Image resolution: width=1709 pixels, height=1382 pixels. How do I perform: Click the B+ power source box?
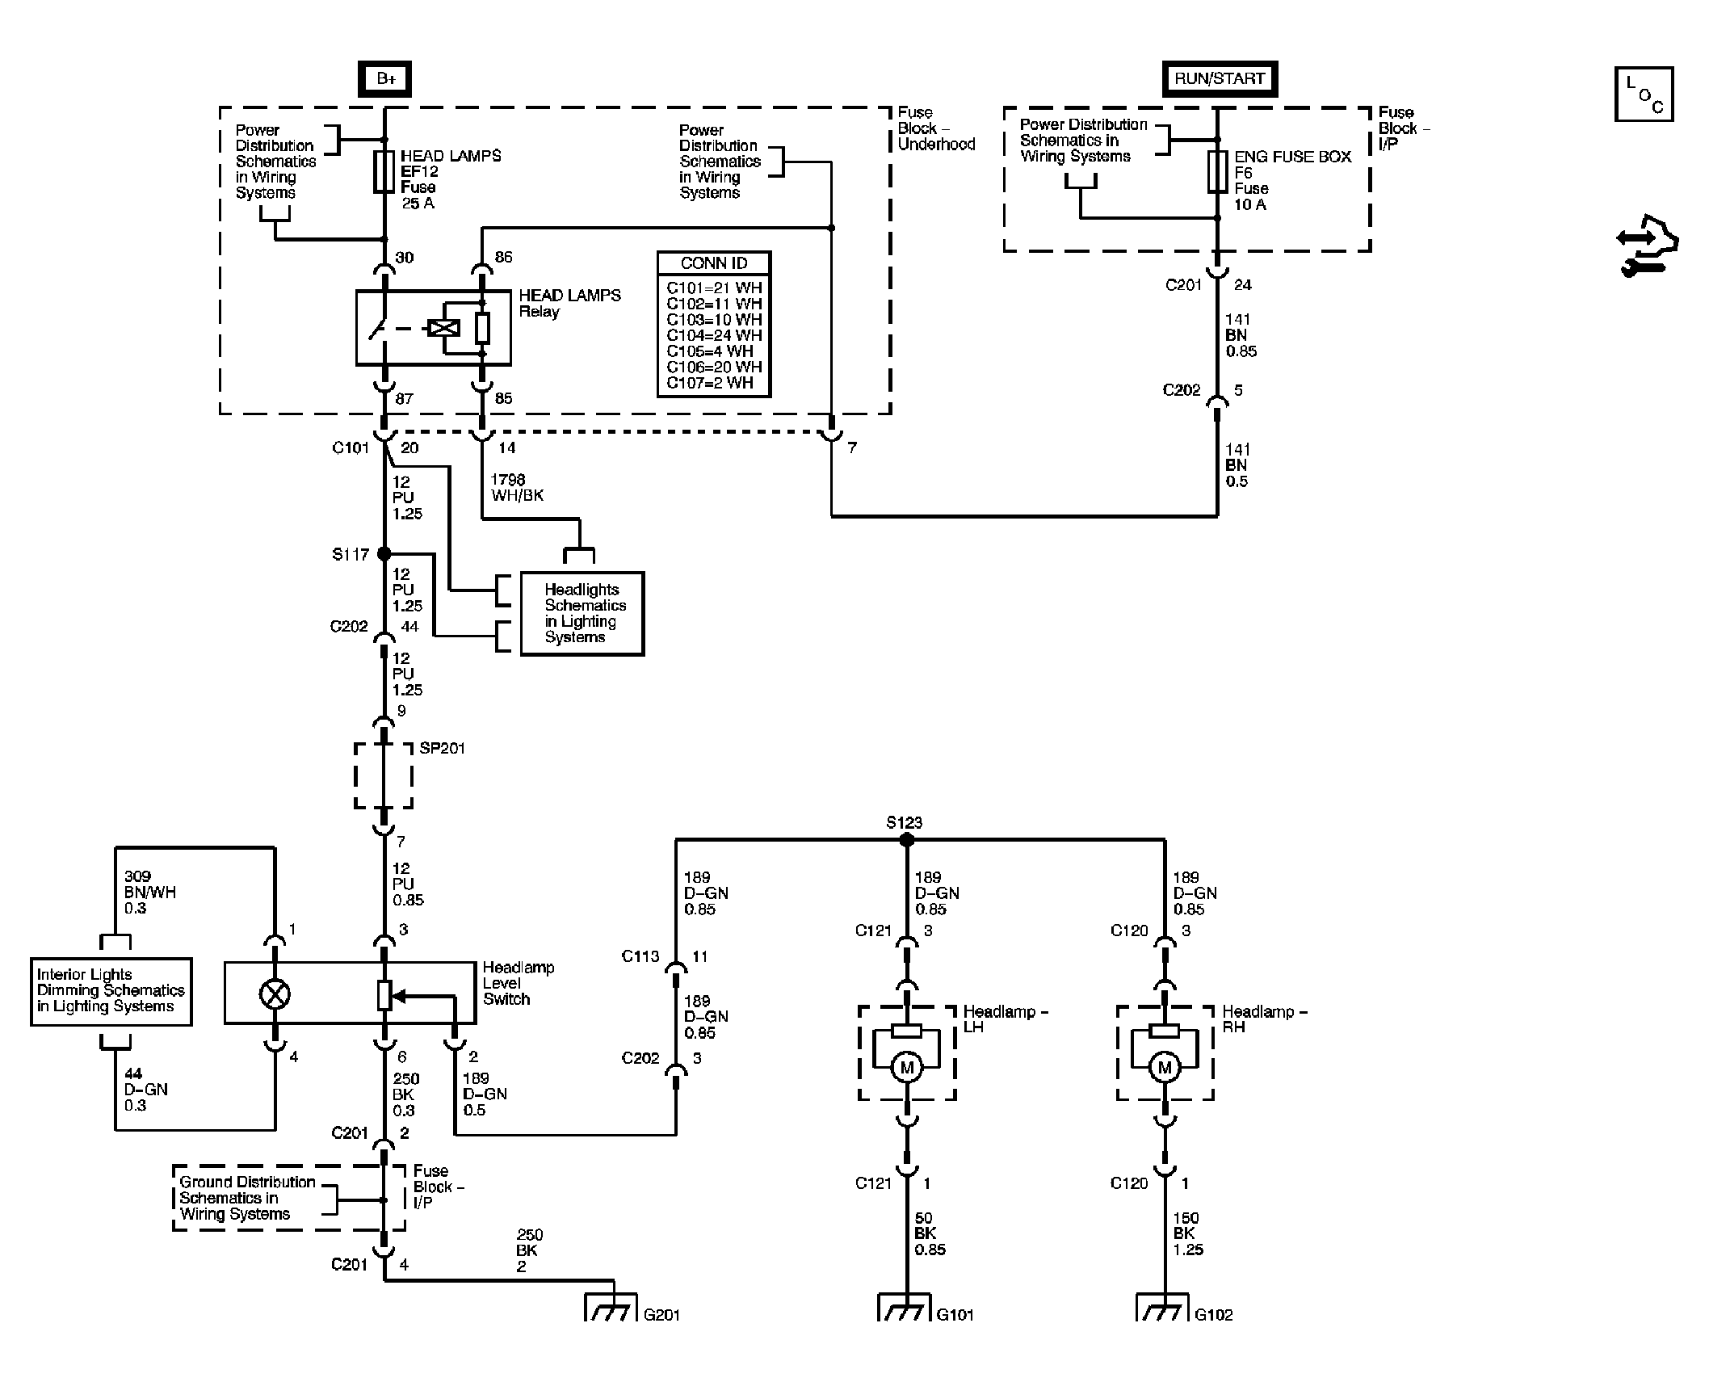tap(385, 79)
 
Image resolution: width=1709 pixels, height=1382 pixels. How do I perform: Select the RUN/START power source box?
tap(1220, 78)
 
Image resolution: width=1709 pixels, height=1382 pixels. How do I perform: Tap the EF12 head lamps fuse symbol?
tap(384, 171)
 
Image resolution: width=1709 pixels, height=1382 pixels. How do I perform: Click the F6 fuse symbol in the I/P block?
tap(1218, 171)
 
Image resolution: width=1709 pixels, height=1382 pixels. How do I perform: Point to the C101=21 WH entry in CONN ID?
tap(714, 288)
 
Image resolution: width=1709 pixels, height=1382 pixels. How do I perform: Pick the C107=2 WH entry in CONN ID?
tap(710, 383)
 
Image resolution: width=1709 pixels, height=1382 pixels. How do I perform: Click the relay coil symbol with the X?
tap(443, 328)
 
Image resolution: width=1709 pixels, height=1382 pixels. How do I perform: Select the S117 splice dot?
tap(384, 554)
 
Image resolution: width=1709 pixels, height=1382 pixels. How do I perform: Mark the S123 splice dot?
tap(906, 840)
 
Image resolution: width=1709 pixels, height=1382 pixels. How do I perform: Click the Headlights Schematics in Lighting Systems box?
tap(582, 613)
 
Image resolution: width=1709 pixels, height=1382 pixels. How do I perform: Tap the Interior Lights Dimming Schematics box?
tap(111, 991)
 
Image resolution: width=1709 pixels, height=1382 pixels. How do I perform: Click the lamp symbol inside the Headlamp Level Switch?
tap(275, 995)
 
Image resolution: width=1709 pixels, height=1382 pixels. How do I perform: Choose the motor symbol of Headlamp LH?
tap(906, 1068)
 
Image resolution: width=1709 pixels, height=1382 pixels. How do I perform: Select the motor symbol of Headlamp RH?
tap(1165, 1068)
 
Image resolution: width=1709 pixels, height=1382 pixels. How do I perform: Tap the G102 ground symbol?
tap(1163, 1307)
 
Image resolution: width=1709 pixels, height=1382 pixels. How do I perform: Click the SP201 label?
tap(443, 748)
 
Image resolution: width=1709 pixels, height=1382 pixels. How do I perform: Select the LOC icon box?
tap(1644, 95)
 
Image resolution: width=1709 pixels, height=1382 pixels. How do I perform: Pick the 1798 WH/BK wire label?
tap(517, 487)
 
